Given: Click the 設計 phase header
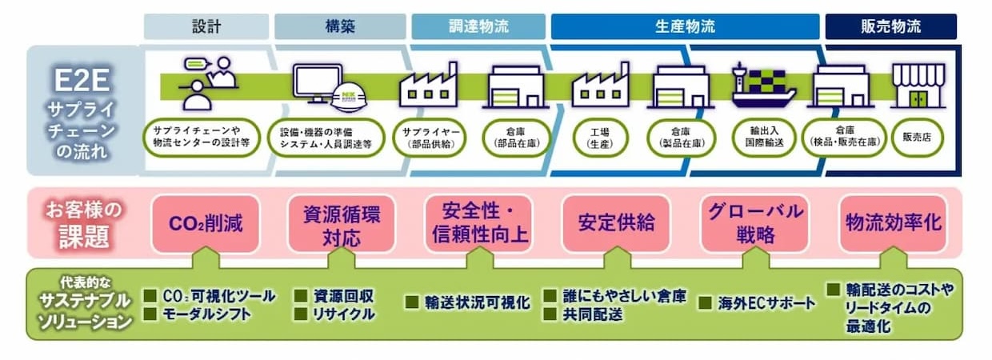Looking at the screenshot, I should [206, 26].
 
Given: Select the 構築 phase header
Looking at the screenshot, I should [339, 26].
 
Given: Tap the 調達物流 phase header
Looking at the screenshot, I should [477, 26].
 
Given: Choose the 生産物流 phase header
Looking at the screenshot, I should [684, 26].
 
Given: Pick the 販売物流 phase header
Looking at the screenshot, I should [890, 26].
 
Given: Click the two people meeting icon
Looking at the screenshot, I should [206, 83].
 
